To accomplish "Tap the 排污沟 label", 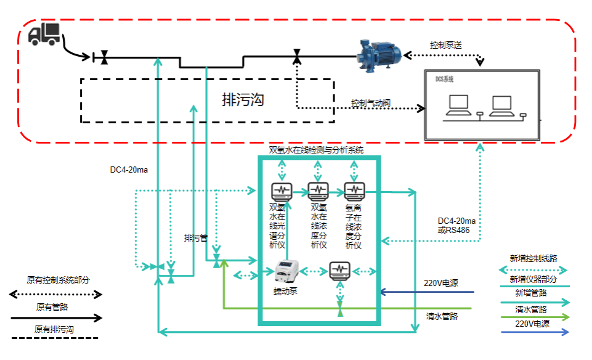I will tap(243, 100).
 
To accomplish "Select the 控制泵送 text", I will tap(447, 46).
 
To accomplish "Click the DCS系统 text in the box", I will tap(445, 79).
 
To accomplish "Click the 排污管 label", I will tap(196, 238).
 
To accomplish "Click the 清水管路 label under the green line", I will tap(442, 316).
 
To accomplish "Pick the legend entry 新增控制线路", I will tap(533, 259).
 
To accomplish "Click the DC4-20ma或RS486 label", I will tap(456, 225).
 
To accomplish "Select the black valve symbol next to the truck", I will tap(105, 58).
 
